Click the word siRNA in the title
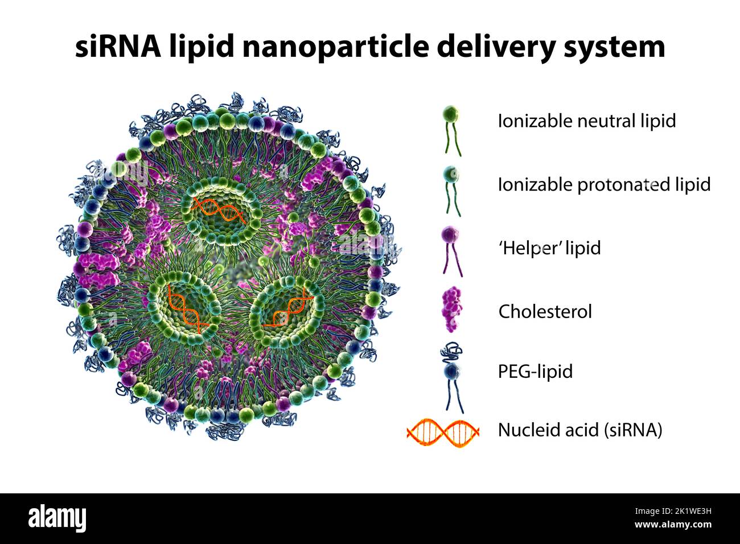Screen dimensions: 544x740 pos(118,46)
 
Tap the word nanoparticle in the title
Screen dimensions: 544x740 pos(334,46)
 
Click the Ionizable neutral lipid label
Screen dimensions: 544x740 pos(586,121)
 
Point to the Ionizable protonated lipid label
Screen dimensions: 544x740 pos(604,184)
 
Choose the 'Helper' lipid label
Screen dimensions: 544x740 pos(549,248)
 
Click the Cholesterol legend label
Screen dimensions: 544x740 pos(545,311)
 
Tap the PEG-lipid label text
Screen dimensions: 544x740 pos(535,371)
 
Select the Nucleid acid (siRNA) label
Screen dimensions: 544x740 pos(580,430)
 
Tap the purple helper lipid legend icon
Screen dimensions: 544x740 pos(451,250)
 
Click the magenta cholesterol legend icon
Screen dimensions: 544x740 pos(451,310)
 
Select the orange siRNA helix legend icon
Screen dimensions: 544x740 pos(443,432)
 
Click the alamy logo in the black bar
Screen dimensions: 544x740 pos(57,518)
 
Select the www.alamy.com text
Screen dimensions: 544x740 pos(672,525)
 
